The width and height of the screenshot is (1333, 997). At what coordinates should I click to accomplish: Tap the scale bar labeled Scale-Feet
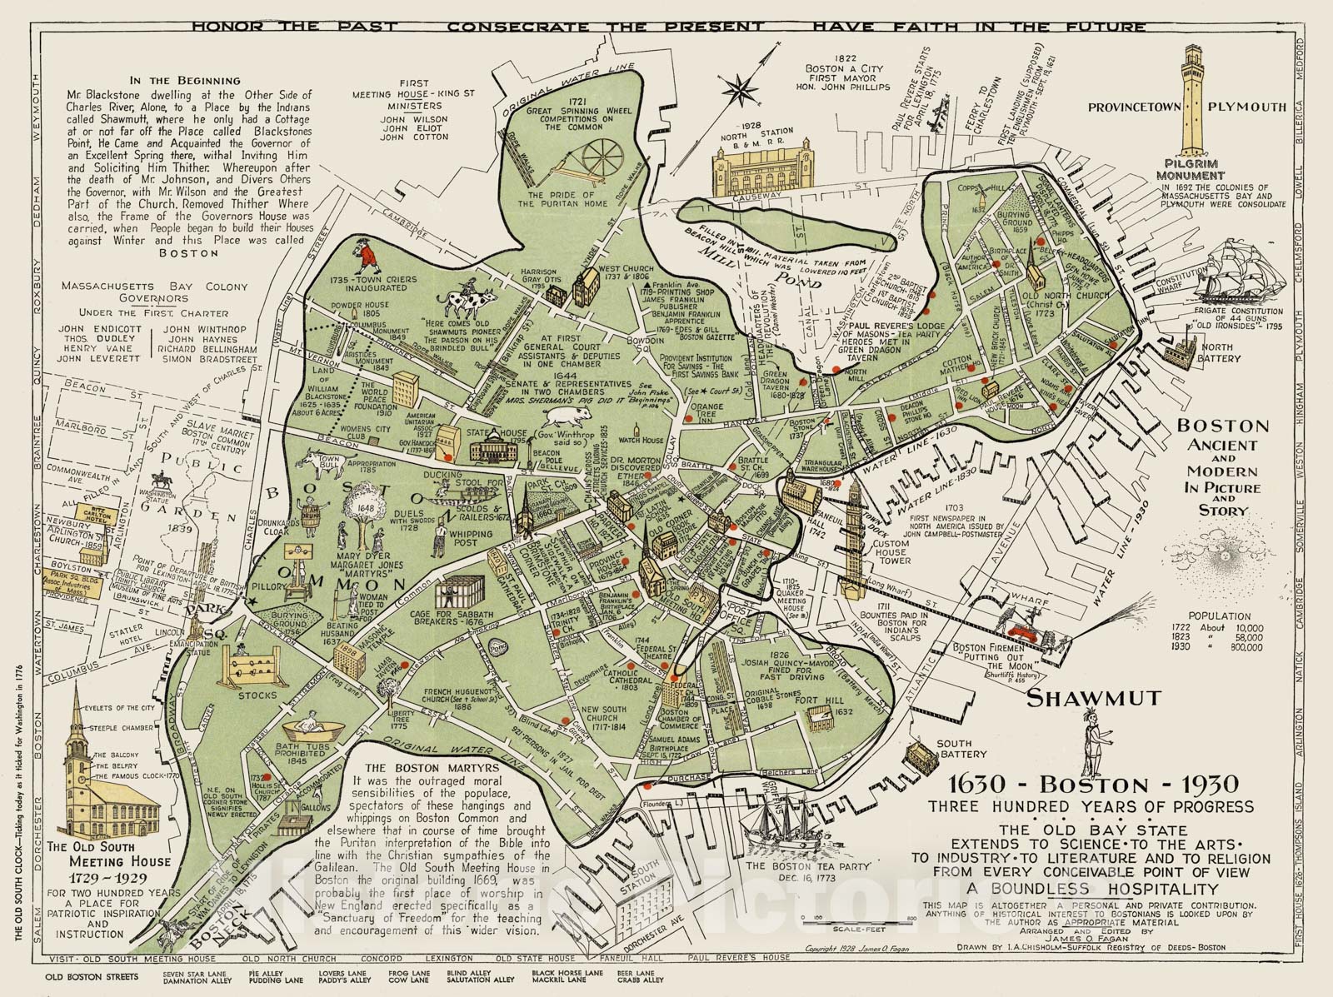(857, 919)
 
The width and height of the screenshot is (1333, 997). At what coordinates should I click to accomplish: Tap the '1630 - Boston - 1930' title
(1092, 784)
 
